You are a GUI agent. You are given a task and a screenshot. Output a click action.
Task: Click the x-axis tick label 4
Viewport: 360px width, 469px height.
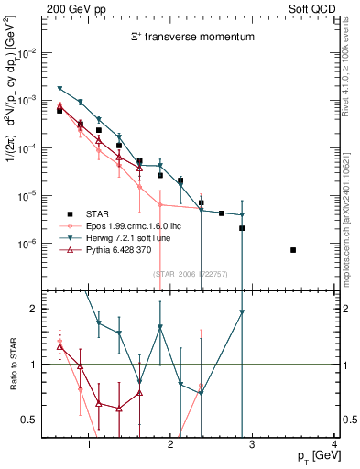click(335, 445)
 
